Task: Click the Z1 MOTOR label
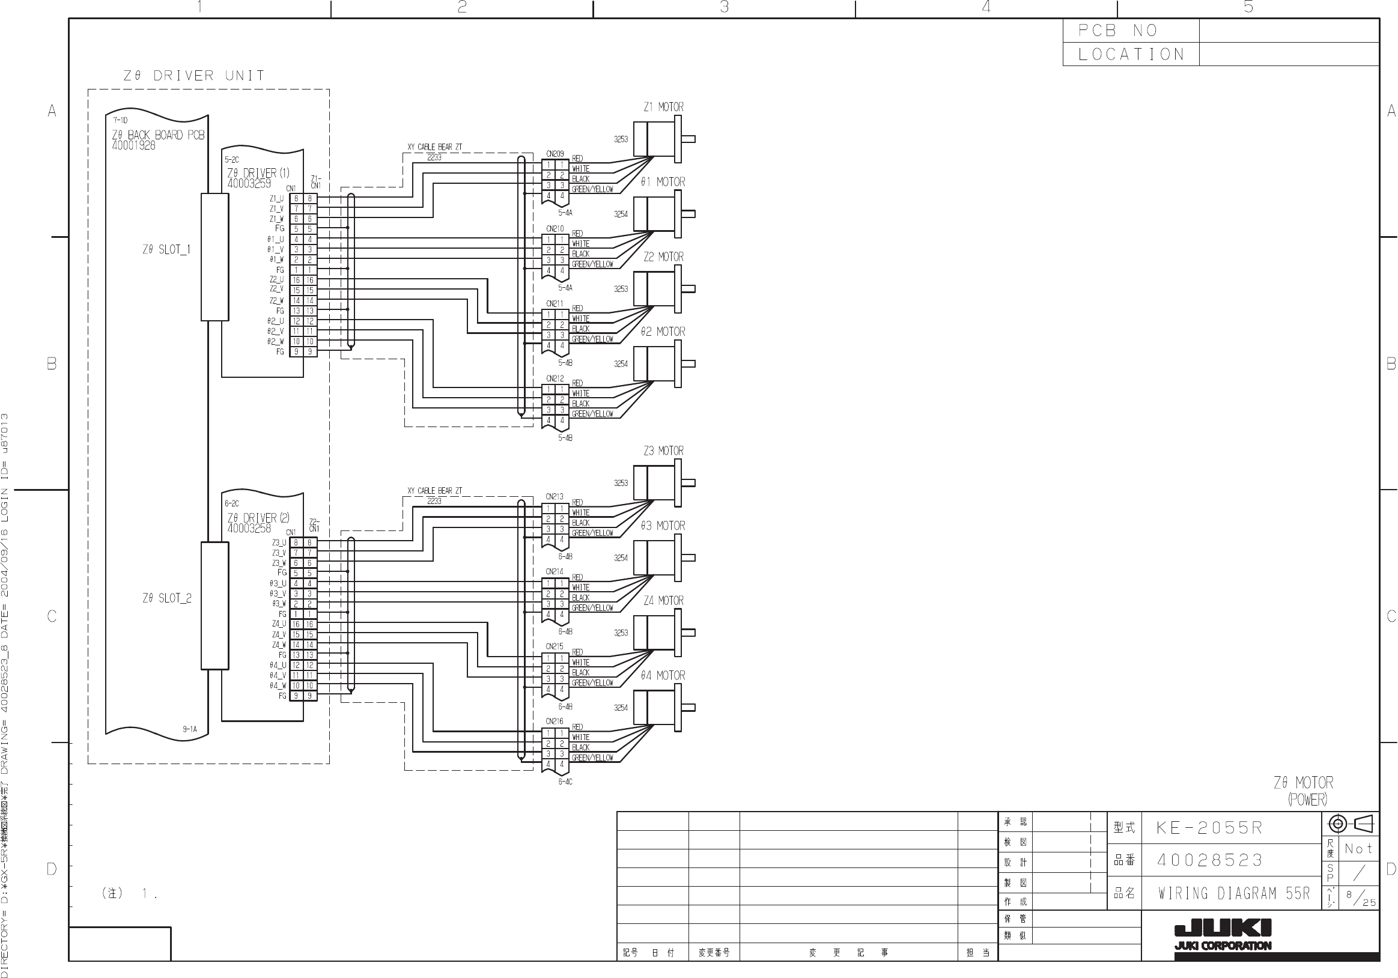pos(663,107)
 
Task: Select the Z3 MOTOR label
pos(663,451)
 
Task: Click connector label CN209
pos(555,154)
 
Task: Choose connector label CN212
pos(555,379)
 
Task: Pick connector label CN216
pos(555,721)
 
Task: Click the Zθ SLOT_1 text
pos(166,250)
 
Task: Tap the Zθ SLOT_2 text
pos(167,598)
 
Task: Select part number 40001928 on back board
pos(133,145)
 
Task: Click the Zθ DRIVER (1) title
pos(258,173)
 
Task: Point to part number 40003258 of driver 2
pos(249,529)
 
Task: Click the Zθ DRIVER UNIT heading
pos(194,76)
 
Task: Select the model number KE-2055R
pos(1209,828)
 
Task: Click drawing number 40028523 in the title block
pos(1210,860)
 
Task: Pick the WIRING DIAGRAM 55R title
pos(1233,893)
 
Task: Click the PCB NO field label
pos(1117,31)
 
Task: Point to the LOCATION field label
pos(1131,55)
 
